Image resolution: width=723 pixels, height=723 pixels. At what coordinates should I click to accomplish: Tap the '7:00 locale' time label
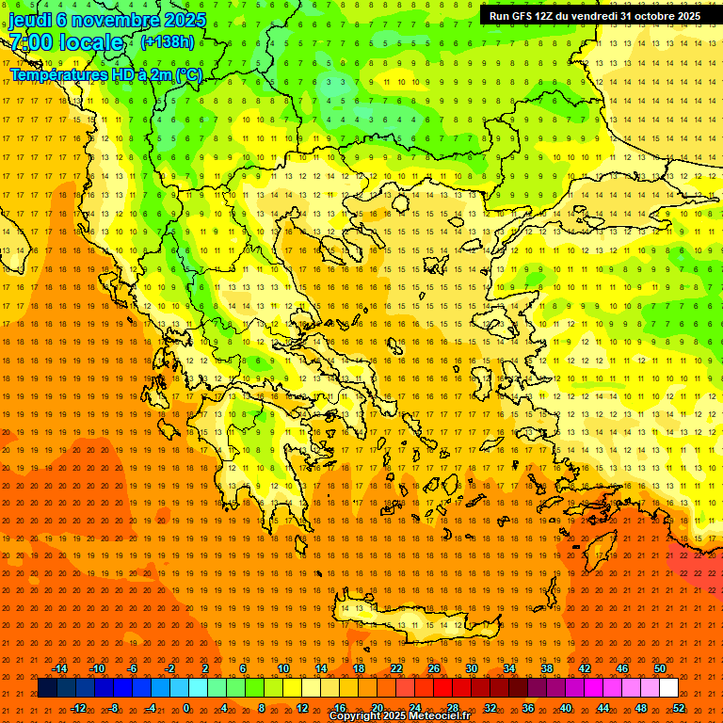66,42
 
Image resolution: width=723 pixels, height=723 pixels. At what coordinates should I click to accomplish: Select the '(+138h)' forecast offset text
168,42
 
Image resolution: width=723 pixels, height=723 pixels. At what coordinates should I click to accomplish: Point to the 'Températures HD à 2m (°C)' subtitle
105,74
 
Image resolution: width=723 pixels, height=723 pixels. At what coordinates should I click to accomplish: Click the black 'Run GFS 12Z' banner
594,16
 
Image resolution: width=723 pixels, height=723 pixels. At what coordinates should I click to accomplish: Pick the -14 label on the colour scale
59,668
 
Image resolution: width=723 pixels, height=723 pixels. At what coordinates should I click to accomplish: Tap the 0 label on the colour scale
186,708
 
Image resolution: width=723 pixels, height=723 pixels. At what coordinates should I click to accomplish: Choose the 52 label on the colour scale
679,708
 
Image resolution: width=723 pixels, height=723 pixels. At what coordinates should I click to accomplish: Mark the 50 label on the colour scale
660,668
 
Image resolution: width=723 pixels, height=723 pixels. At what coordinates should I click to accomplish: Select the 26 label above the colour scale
434,668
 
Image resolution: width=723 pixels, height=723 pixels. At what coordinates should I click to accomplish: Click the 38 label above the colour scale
547,668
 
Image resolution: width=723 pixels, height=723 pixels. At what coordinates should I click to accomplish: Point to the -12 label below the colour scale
78,708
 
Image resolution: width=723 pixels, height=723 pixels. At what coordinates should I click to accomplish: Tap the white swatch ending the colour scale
668,688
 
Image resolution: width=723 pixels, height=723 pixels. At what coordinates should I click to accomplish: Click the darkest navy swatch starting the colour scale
47,688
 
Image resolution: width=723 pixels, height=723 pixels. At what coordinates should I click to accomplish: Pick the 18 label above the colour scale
359,668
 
